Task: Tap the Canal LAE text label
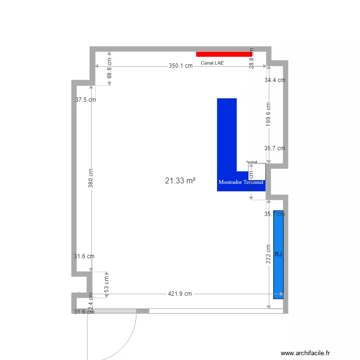point(212,63)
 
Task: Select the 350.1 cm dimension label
point(180,66)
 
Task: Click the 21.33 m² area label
point(180,180)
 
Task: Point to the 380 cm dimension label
point(91,178)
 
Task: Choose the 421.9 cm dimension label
point(180,294)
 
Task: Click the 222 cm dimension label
point(268,253)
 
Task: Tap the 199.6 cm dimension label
point(268,115)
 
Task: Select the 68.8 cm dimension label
point(109,69)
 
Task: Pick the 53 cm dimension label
point(107,284)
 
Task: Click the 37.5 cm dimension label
point(85,100)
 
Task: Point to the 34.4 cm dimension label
point(275,80)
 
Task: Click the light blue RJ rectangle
point(278,254)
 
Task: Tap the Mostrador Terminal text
point(241,182)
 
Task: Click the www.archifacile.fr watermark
point(306,353)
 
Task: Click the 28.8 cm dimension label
point(252,58)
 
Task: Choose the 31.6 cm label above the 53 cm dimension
point(84,256)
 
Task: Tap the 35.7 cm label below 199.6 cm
point(275,148)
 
